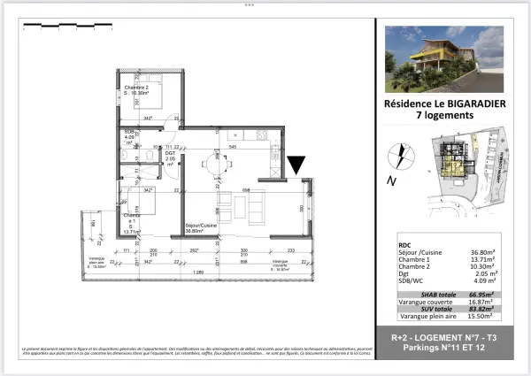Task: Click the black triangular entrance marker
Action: coord(296,165)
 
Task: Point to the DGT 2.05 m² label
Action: coord(171,157)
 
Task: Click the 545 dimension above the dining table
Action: coord(232,145)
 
